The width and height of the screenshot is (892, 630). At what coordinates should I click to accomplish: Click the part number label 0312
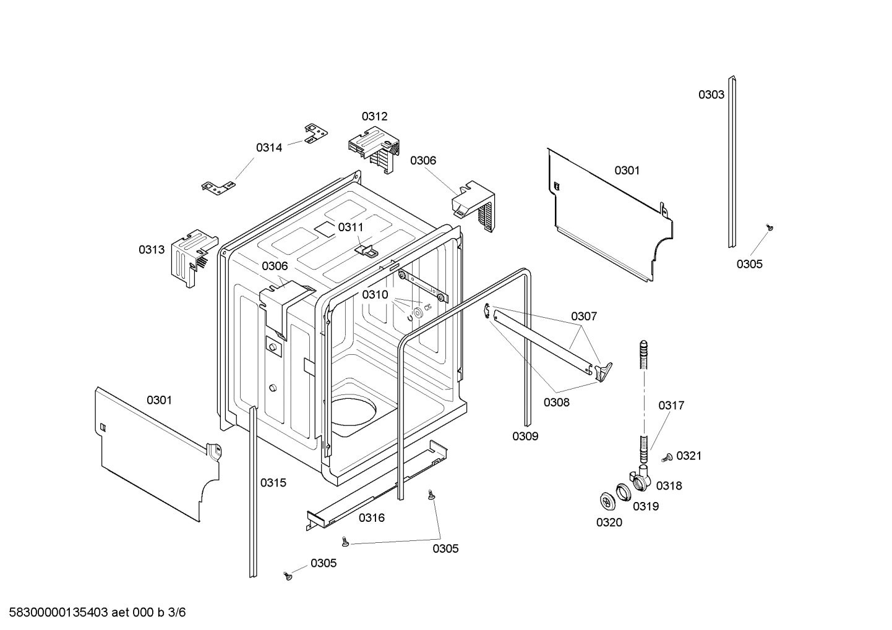tap(374, 116)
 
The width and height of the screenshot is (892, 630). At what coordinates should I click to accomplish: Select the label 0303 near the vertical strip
tap(711, 95)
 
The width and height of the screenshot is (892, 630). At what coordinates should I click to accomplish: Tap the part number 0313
tap(151, 250)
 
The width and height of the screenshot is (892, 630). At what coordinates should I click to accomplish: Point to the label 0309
tap(525, 436)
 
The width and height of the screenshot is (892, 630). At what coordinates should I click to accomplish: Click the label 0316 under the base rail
tap(371, 518)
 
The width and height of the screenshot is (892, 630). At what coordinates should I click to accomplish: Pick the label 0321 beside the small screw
tap(688, 456)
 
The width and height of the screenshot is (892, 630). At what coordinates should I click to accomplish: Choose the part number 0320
tap(609, 523)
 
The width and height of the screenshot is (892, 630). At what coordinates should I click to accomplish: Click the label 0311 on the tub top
tap(350, 228)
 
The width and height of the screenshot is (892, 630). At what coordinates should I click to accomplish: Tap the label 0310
tap(375, 295)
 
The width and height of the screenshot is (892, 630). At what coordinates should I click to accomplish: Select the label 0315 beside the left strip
tap(273, 483)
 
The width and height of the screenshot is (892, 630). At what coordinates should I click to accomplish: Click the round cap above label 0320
tap(606, 500)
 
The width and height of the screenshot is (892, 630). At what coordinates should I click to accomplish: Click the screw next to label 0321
tap(667, 458)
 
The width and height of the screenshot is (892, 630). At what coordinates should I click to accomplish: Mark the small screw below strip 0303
tap(770, 228)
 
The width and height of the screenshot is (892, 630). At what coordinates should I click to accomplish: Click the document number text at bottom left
tap(93, 613)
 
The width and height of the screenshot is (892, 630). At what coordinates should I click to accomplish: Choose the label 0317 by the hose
tap(671, 406)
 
